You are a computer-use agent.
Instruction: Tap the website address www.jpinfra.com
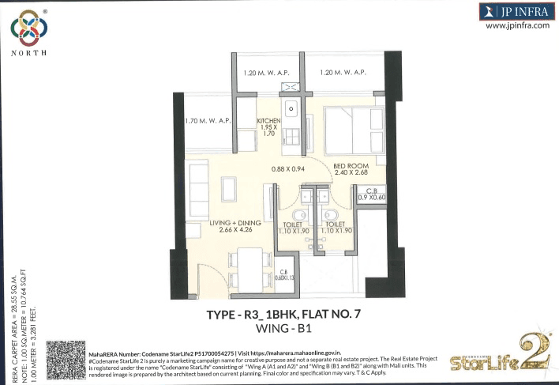[x=517, y=25]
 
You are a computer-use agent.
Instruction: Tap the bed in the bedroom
[x=353, y=129]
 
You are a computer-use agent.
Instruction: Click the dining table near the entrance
[x=250, y=262]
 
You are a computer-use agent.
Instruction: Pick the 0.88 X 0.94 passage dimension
[x=288, y=168]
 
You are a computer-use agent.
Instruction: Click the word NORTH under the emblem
[x=28, y=53]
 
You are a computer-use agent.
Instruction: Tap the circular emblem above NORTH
[x=28, y=27]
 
